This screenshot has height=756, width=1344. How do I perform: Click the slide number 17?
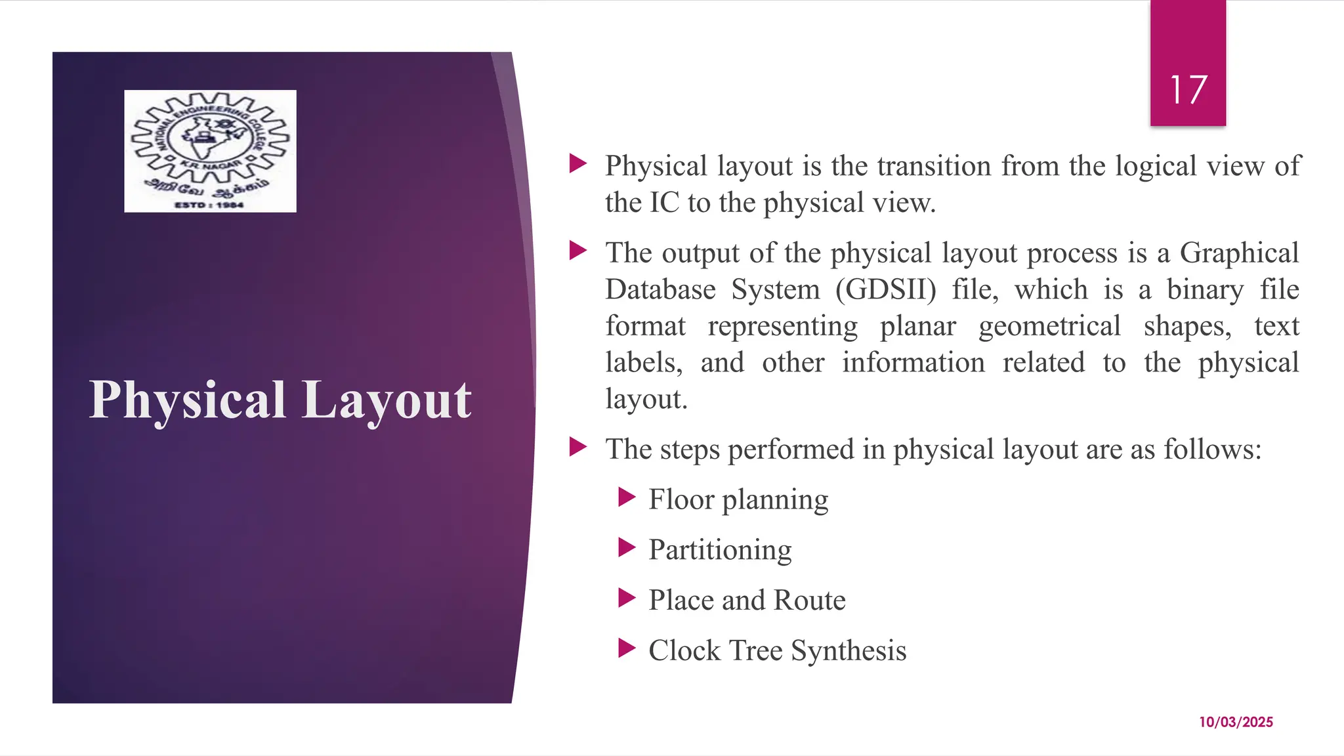point(1188,90)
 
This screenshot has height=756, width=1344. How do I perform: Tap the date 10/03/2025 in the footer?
point(1236,722)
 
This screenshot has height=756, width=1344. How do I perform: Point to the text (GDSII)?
point(886,289)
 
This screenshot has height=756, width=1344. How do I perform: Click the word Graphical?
point(1239,253)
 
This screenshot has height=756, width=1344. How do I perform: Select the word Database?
point(660,289)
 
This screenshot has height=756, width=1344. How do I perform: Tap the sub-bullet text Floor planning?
point(738,499)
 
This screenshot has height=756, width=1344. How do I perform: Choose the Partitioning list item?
point(720,550)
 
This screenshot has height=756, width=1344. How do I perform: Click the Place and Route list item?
point(747,600)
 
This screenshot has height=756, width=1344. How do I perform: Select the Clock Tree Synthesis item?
point(777,651)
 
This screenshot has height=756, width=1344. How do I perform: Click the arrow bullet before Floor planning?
point(627,497)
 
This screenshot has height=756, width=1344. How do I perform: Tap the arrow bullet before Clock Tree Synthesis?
point(627,649)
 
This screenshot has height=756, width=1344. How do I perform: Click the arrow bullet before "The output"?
point(578,251)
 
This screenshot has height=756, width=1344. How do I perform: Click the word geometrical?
point(1049,326)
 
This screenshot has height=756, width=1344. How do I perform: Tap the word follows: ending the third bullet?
point(1213,450)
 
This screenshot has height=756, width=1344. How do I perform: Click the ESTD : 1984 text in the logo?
point(209,205)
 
